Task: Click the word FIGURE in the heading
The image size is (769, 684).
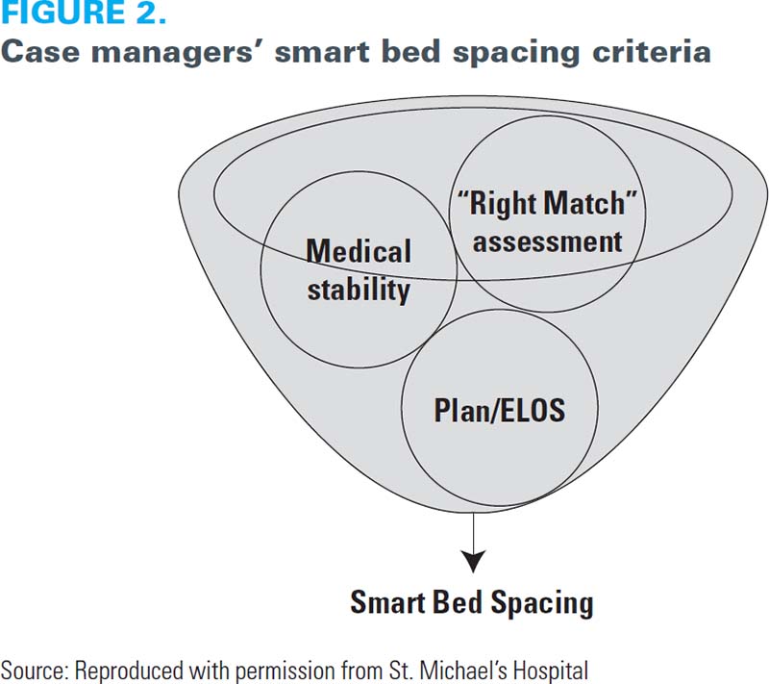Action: click(62, 12)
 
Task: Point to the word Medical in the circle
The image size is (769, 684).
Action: click(359, 251)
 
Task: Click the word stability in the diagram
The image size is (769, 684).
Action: click(359, 290)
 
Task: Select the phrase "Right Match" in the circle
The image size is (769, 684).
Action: click(547, 203)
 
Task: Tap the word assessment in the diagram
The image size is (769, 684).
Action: click(547, 241)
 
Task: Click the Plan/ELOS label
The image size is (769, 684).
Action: click(500, 410)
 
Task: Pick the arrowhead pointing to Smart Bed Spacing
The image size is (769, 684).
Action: click(473, 561)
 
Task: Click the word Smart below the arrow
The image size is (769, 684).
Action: click(386, 601)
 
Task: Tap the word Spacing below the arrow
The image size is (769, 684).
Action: click(542, 603)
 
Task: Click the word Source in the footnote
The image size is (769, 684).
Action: click(35, 671)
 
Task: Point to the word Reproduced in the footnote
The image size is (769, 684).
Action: click(128, 671)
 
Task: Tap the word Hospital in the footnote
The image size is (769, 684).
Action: click(549, 671)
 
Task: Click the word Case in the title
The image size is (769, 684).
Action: click(40, 51)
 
